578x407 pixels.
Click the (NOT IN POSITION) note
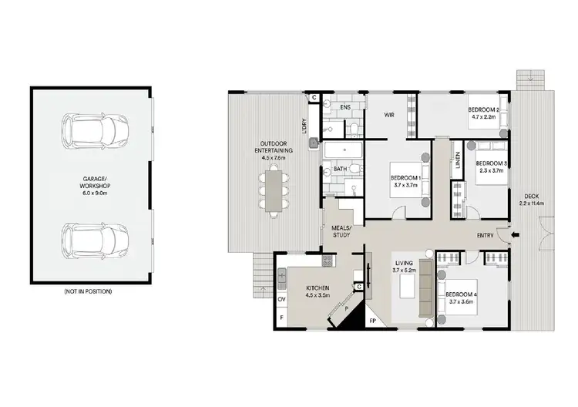[x=88, y=292]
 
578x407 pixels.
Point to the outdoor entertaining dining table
[x=274, y=190]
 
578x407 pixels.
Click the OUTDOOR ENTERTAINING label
[x=274, y=150]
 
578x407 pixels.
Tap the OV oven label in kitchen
[x=281, y=298]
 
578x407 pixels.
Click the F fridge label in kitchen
[x=281, y=317]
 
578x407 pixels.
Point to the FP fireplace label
[x=372, y=319]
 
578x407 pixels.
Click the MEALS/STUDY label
[x=341, y=231]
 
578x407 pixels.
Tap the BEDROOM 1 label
[x=405, y=181]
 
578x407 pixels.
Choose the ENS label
[x=345, y=108]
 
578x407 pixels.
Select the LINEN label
[x=458, y=162]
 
